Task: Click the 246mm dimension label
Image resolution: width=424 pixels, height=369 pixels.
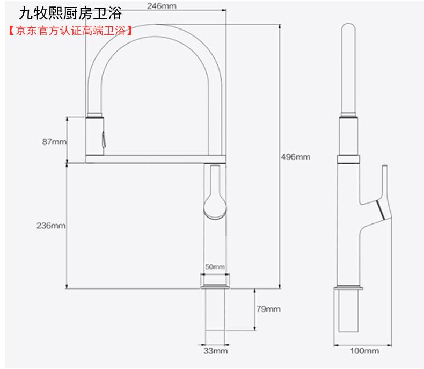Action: click(x=162, y=6)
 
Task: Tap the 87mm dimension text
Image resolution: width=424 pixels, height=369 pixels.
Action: click(x=54, y=141)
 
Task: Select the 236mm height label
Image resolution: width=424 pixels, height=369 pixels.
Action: click(x=51, y=226)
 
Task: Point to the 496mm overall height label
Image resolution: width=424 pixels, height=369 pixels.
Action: click(x=295, y=157)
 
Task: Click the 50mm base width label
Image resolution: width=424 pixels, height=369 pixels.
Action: click(x=215, y=267)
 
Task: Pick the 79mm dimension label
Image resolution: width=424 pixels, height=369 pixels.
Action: click(x=268, y=309)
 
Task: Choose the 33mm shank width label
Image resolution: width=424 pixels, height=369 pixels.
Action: click(x=216, y=351)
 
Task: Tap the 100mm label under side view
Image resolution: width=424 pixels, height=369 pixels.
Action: click(x=364, y=351)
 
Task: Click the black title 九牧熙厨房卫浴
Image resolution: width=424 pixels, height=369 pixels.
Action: click(x=70, y=13)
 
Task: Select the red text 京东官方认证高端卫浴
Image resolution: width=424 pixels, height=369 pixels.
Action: click(x=70, y=31)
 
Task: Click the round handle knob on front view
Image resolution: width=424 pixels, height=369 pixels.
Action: click(x=215, y=207)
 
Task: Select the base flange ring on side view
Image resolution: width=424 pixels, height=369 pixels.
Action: click(x=348, y=288)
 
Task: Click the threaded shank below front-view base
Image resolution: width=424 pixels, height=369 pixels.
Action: click(x=215, y=310)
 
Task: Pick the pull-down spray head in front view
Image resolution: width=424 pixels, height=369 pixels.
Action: click(x=94, y=136)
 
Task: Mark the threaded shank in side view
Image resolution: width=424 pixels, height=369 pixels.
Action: click(x=348, y=311)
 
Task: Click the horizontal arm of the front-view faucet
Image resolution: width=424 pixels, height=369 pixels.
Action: click(x=156, y=159)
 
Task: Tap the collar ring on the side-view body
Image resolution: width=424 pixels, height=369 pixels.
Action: click(x=348, y=160)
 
